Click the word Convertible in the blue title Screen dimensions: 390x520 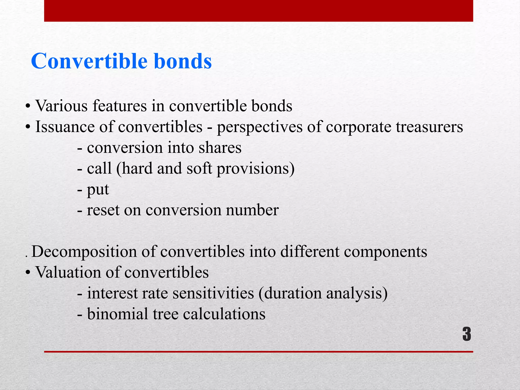(x=89, y=61)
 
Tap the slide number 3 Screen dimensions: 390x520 (x=467, y=334)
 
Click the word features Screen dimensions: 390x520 (x=120, y=106)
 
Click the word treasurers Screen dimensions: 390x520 (x=429, y=127)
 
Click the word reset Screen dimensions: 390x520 (x=103, y=210)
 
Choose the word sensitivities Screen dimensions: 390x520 (x=213, y=293)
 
